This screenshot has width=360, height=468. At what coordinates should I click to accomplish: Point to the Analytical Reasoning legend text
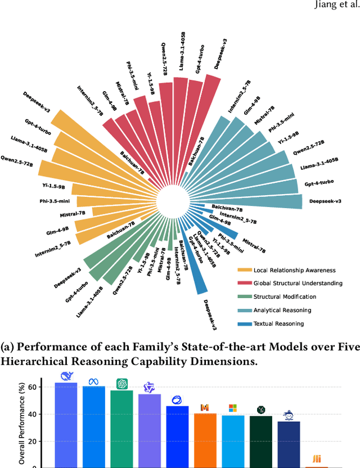pyautogui.click(x=282, y=310)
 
